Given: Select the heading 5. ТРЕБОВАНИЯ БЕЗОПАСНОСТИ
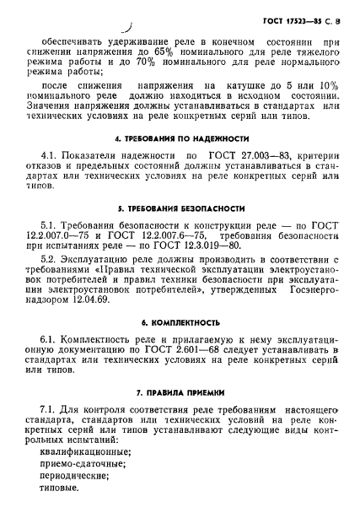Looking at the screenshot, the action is tap(180, 208).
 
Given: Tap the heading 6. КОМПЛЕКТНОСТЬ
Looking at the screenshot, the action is tap(180, 322).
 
